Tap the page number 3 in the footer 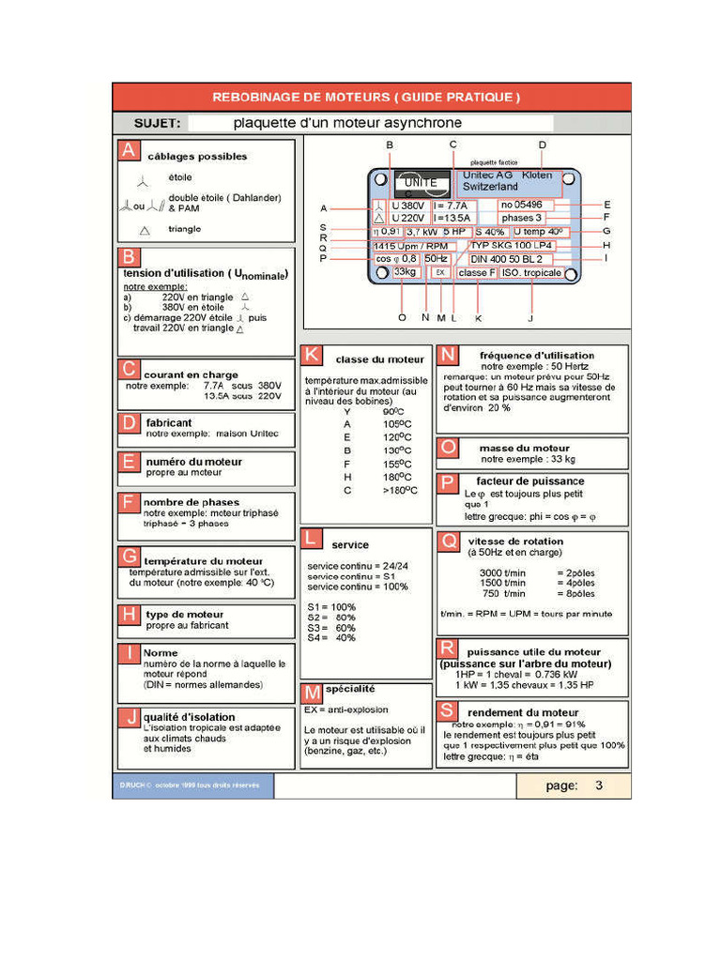coord(598,786)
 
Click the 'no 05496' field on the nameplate coord(527,205)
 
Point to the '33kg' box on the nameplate coord(406,272)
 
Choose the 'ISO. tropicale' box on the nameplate coord(530,273)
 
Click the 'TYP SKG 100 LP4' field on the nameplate coord(512,245)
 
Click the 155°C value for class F coord(392,464)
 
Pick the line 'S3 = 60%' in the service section coord(331,627)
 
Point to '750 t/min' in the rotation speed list coord(503,593)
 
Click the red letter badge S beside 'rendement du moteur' coord(448,711)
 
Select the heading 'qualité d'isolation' coord(189,717)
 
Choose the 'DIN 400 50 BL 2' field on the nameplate coord(506,258)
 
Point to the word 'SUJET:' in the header coord(158,123)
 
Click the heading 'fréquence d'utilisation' coord(536,356)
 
